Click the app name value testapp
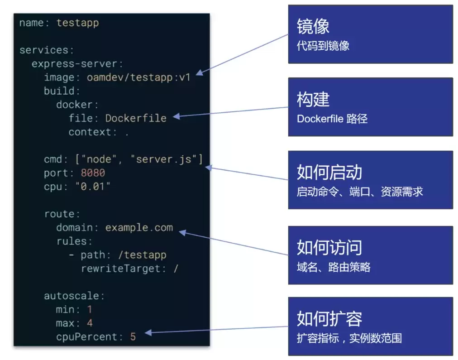point(77,23)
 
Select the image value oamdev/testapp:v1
point(138,77)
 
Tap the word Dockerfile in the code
point(136,118)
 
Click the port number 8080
point(93,173)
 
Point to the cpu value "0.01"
point(93,187)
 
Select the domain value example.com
point(139,228)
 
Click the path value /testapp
point(142,255)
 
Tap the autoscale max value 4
point(90,323)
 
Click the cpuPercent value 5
point(133,337)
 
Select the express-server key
point(74,64)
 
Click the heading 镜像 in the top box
point(313,26)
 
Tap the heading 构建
point(313,99)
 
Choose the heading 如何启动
point(329,173)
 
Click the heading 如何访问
point(329,248)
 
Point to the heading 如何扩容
point(329,319)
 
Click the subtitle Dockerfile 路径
point(332,119)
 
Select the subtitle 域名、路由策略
point(334,267)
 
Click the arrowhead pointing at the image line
point(200,73)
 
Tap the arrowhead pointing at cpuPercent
point(148,332)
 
